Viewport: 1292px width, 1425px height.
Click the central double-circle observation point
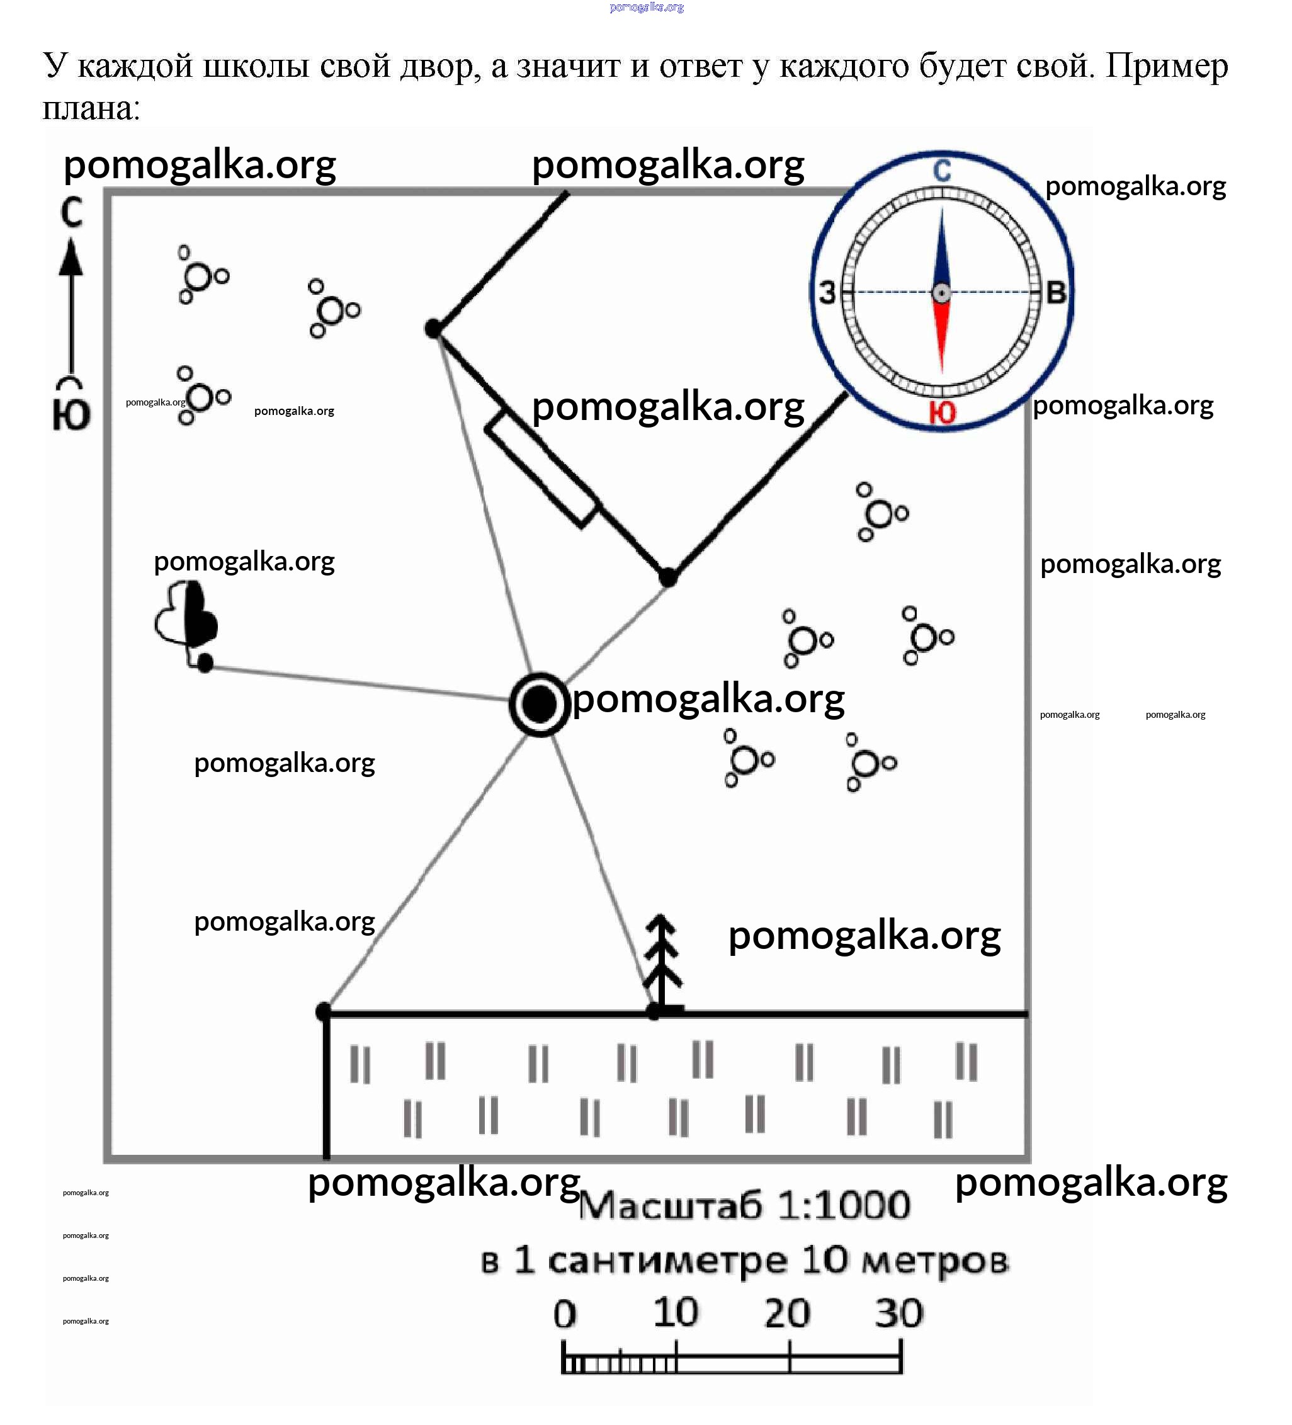point(539,705)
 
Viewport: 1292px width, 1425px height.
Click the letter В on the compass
point(1055,292)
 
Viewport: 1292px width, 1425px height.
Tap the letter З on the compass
point(827,292)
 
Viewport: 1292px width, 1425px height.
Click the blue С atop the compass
point(942,171)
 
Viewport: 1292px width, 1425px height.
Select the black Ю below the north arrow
point(71,414)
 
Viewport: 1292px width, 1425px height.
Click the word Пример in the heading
point(1167,65)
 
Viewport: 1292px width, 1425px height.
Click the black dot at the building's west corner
point(433,328)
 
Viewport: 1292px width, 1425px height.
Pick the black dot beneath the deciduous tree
point(205,663)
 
